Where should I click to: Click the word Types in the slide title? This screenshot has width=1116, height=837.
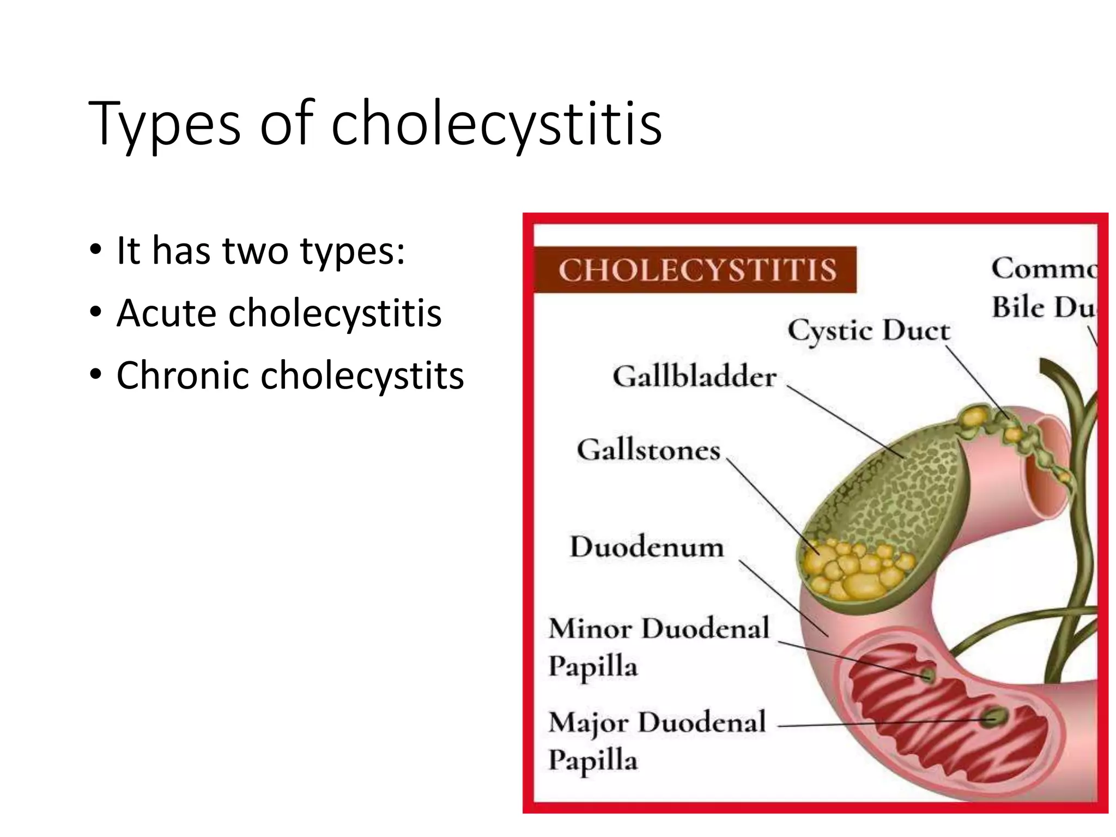tap(164, 124)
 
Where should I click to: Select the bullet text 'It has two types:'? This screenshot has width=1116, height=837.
tap(260, 251)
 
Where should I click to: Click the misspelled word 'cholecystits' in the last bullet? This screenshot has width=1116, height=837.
tap(362, 376)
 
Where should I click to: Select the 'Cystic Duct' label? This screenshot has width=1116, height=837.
tap(869, 330)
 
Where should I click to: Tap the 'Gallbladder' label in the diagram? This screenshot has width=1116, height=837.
tap(695, 377)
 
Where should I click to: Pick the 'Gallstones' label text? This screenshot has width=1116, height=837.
tap(648, 450)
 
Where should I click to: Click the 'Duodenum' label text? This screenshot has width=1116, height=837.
tap(647, 547)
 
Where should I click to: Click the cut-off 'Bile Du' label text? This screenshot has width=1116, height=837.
tap(1042, 307)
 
